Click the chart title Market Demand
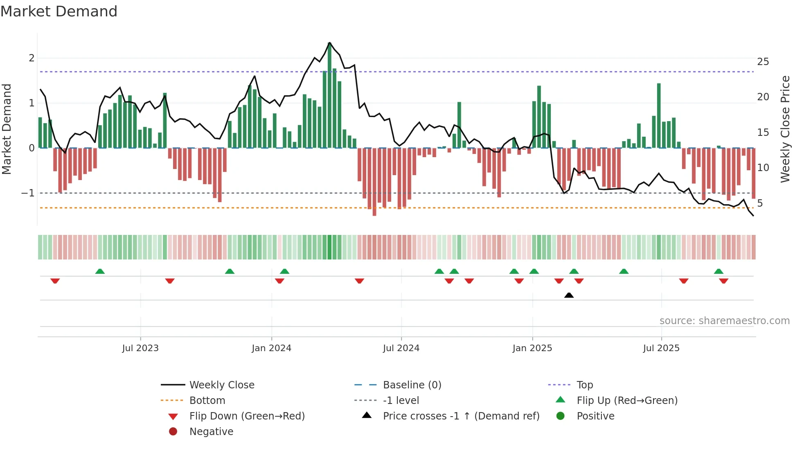coord(59,11)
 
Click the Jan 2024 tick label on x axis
coord(271,348)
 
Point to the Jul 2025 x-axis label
coord(661,348)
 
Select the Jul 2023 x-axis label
coord(140,348)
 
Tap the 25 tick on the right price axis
coord(763,62)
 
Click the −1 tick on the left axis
coord(28,193)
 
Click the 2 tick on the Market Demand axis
coord(32,58)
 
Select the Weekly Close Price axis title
coord(785,129)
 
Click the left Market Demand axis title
coord(7,129)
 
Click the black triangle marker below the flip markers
coord(569,295)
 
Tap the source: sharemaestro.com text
coord(724,320)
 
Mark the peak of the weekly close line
coord(330,43)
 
